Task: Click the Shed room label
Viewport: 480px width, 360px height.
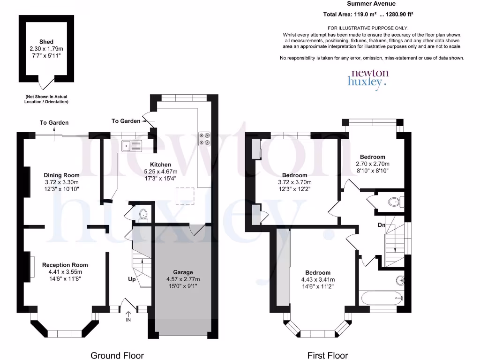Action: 46,42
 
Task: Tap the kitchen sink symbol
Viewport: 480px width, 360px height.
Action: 132,146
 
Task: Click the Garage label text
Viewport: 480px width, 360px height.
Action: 183,272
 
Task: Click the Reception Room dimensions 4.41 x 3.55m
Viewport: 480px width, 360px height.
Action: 65,272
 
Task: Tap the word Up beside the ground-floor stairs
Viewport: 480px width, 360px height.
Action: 132,279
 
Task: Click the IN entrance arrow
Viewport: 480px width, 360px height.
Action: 128,317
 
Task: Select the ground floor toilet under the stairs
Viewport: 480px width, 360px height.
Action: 143,215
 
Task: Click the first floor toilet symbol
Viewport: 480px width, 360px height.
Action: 393,202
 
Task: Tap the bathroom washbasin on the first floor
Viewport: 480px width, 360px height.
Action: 399,280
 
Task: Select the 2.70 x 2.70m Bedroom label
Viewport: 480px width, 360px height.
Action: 372,157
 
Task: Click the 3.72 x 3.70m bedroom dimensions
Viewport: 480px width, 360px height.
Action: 294,182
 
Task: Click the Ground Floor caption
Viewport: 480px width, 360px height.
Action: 117,355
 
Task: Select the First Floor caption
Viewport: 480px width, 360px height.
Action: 328,355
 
